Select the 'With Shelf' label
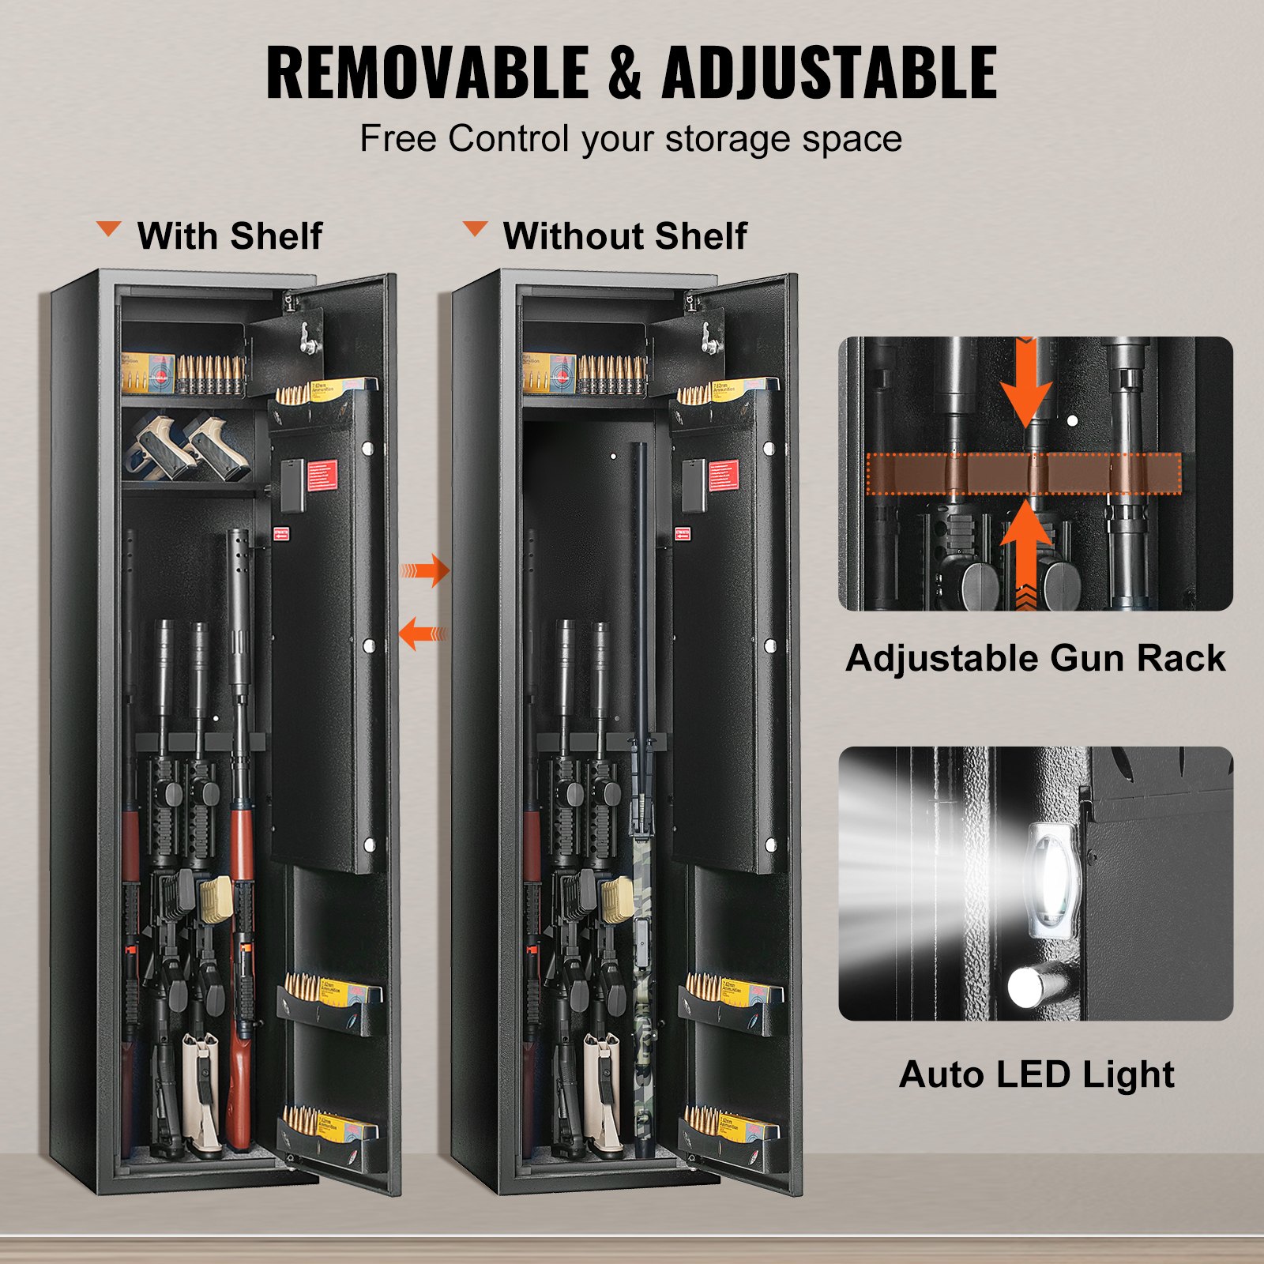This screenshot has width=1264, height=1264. [230, 235]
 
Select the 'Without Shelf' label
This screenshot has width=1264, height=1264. [625, 235]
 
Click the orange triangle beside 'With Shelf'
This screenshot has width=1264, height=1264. [108, 229]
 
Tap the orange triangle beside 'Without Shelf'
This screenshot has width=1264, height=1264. [475, 229]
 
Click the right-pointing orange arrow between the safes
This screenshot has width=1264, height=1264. [427, 570]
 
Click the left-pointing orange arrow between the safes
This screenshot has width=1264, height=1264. [422, 633]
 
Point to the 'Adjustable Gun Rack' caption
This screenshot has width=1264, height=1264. [1035, 658]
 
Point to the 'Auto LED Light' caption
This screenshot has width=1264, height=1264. [1036, 1074]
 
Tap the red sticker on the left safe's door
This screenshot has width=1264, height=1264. [322, 476]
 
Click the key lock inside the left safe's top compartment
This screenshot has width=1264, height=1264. [304, 340]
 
